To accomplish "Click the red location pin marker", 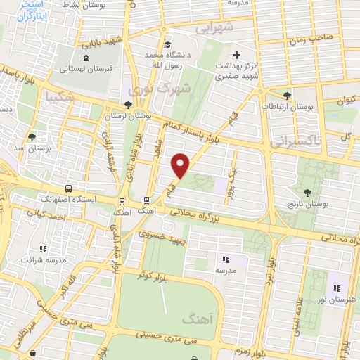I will pyautogui.click(x=181, y=165).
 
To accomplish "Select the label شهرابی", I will pyautogui.click(x=213, y=28).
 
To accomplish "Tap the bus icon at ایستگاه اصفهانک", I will pyautogui.click(x=68, y=188).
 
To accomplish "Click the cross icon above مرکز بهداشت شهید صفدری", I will pyautogui.click(x=236, y=55).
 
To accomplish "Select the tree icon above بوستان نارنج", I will pyautogui.click(x=307, y=192).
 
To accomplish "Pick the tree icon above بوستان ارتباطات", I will pyautogui.click(x=286, y=95).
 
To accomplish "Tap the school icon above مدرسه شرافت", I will pyautogui.click(x=44, y=249).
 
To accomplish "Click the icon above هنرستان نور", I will pyautogui.click(x=337, y=288).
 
